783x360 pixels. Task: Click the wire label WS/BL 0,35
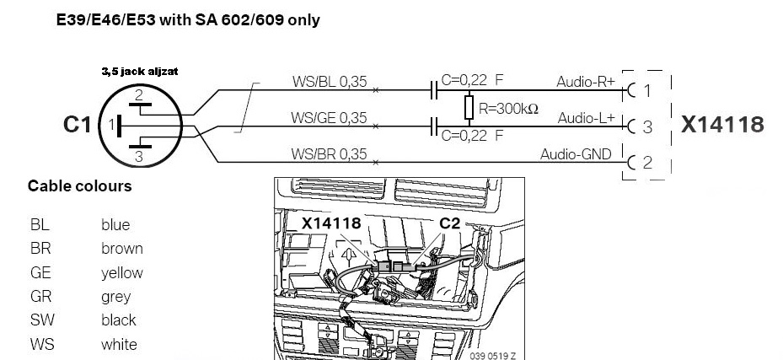(x=329, y=82)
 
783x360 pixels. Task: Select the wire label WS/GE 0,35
(x=329, y=118)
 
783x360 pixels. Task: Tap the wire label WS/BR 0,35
(x=329, y=153)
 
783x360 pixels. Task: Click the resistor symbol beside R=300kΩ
(x=469, y=107)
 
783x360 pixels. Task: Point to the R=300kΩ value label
(x=508, y=109)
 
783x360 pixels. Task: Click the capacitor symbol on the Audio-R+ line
(x=434, y=90)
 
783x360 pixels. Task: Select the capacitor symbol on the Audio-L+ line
(x=434, y=126)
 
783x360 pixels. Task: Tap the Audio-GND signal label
(x=576, y=154)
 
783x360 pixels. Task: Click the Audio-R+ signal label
(x=586, y=82)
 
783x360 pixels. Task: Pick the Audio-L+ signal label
(x=587, y=118)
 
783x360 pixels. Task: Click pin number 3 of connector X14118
(x=647, y=126)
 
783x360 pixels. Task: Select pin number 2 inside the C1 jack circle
(x=139, y=95)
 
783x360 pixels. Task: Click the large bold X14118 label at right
(x=722, y=124)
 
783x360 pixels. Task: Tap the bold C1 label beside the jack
(x=78, y=125)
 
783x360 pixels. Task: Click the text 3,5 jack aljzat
(x=140, y=72)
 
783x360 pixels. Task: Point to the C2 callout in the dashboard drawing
(x=449, y=223)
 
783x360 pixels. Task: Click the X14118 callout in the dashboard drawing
(x=331, y=223)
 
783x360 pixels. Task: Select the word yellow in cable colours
(x=122, y=272)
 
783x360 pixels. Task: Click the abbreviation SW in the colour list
(x=42, y=320)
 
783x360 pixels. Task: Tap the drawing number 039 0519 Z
(x=493, y=356)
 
